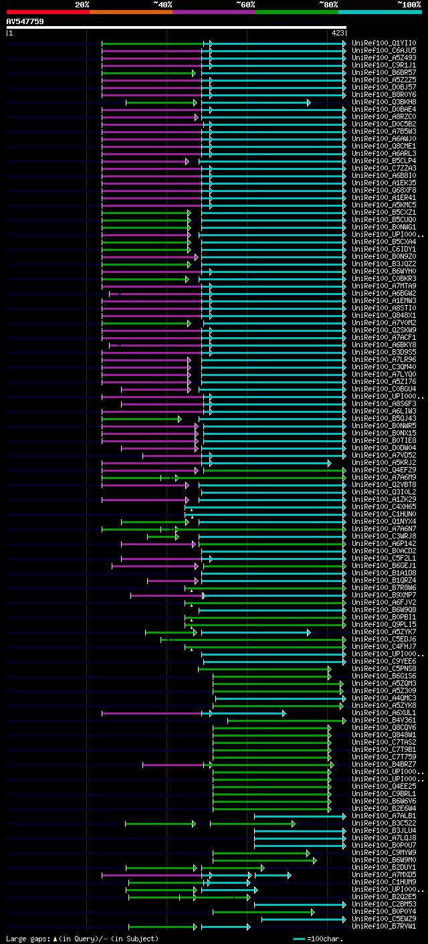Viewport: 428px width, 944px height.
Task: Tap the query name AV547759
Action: tap(25, 21)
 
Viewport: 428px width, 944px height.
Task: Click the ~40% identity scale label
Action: tap(163, 5)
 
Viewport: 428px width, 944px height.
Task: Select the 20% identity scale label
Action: tap(82, 5)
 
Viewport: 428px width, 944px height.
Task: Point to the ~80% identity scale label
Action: tap(328, 5)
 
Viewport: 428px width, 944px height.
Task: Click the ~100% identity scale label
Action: tap(409, 5)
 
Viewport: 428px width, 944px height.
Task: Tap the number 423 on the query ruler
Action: tap(337, 33)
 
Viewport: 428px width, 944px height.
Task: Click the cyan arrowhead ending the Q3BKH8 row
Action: tap(308, 102)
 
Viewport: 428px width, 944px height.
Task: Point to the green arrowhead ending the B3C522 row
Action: tap(293, 824)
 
